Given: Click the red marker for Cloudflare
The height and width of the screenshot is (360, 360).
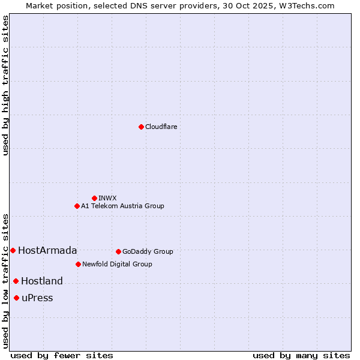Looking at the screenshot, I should pos(141,127).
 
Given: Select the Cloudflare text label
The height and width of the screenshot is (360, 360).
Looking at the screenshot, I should pos(161,127).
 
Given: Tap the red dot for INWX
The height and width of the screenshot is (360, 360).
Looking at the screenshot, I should pos(94,198).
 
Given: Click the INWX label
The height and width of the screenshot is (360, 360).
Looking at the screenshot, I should pos(108,198).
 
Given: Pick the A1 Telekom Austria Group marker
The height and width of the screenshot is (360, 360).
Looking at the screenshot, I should pos(77,206).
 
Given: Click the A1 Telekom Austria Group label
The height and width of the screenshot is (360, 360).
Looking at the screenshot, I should pos(122,206).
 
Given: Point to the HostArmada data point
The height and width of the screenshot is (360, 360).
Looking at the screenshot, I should pos(13,250).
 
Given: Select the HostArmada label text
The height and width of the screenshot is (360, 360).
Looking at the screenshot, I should pos(47,251).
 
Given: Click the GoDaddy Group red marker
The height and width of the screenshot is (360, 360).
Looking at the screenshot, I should pos(118,251).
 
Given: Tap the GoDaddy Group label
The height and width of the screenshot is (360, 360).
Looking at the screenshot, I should pos(148,252).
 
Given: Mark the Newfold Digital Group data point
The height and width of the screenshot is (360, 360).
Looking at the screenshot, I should pos(78,264).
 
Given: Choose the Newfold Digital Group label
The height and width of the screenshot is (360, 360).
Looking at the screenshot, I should pos(117,264).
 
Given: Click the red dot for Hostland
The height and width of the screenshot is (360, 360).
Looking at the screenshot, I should pos(16,281).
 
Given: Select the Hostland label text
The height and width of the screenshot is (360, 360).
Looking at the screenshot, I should pos(42,281).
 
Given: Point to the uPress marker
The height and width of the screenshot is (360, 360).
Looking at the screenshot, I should pos(16,298).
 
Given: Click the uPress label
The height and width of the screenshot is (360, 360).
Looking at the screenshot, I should pos(37,298).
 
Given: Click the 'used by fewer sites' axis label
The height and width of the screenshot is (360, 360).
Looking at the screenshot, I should pos(62,356).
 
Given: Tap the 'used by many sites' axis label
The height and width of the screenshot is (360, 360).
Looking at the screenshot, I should pos(301,356).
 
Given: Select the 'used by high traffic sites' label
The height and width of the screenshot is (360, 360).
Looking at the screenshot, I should pos(6,85).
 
